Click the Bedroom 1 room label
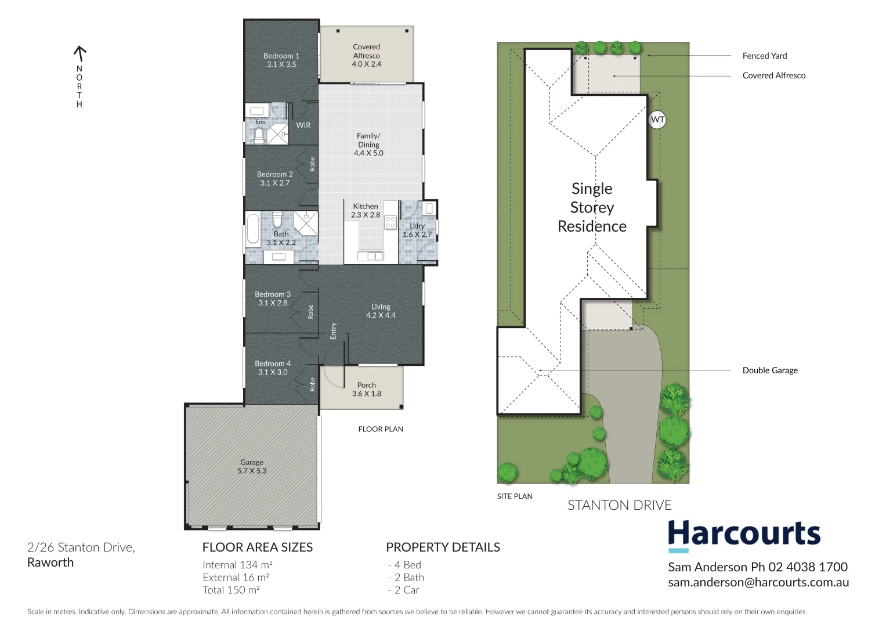click(x=281, y=60)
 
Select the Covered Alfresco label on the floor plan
click(x=366, y=56)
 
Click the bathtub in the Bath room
click(x=253, y=229)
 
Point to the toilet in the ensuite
click(x=259, y=136)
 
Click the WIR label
click(x=303, y=125)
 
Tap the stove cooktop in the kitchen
click(x=390, y=222)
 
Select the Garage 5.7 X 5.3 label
click(x=252, y=467)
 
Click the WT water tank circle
click(x=657, y=120)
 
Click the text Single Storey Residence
click(x=592, y=207)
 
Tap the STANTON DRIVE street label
click(x=619, y=505)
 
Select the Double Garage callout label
click(x=770, y=370)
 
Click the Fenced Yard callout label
click(x=765, y=56)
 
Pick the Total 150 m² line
click(x=231, y=590)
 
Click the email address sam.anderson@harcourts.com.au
click(x=758, y=582)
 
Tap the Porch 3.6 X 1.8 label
click(x=366, y=389)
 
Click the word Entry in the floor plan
click(x=333, y=330)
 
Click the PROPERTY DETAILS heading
click(x=443, y=547)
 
